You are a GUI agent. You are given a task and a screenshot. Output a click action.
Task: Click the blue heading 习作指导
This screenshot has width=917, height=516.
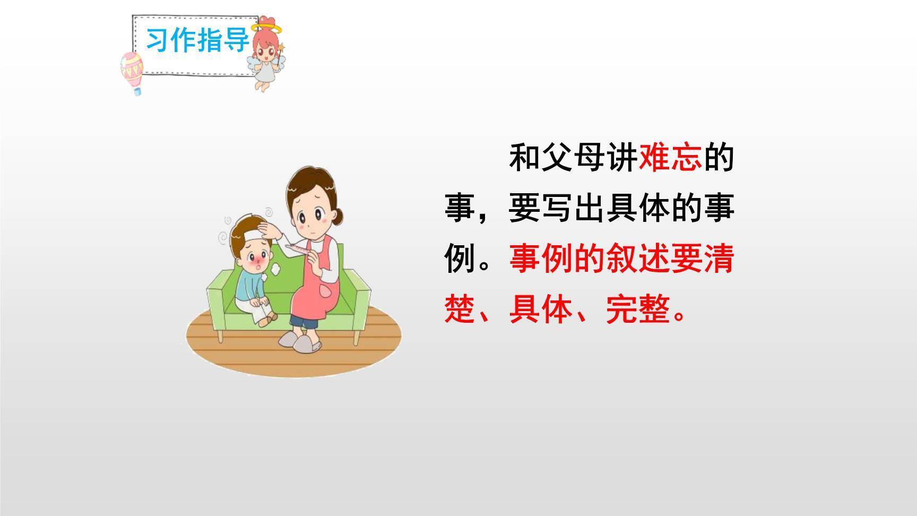[x=197, y=40]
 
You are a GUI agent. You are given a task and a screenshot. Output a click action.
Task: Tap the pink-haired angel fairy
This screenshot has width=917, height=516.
[x=265, y=53]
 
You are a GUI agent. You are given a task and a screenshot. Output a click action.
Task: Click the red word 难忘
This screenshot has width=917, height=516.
[x=670, y=158]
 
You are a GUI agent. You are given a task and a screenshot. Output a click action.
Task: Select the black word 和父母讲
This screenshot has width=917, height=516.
[x=573, y=158]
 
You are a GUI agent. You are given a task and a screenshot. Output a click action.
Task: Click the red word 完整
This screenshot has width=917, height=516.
[x=638, y=309]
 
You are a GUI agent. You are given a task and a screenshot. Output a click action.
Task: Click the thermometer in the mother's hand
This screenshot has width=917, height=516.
[x=297, y=248]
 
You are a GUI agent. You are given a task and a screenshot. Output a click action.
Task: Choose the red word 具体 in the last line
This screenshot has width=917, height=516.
[x=541, y=309]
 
